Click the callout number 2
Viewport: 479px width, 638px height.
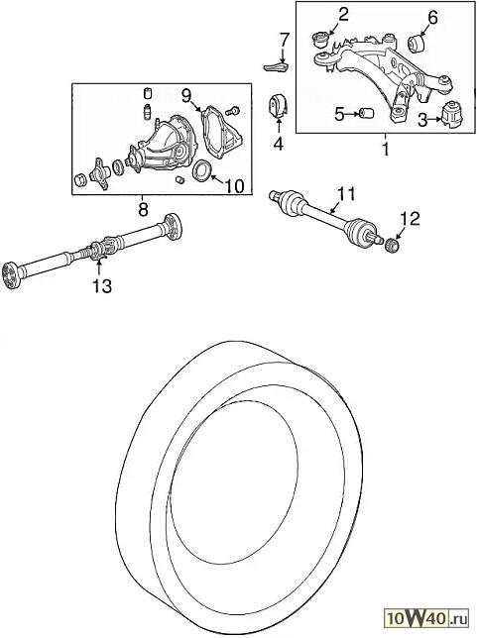[x=343, y=14]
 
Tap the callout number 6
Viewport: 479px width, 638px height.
[x=432, y=18]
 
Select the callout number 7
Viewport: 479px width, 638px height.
[x=284, y=40]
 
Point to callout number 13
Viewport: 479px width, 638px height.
[x=102, y=286]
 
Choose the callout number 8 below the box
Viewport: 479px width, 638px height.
[x=143, y=210]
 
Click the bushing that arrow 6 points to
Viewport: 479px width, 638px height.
[x=416, y=44]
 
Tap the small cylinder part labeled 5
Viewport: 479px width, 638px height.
[x=367, y=113]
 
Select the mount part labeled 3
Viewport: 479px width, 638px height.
[x=452, y=115]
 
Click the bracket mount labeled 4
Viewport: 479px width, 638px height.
[x=279, y=106]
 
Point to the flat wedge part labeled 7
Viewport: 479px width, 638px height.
[x=277, y=67]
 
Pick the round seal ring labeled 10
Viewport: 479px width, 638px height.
[x=200, y=170]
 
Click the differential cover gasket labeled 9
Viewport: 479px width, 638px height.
[x=222, y=130]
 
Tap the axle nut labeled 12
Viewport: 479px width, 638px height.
[x=393, y=245]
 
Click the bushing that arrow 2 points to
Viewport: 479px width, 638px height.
[x=320, y=41]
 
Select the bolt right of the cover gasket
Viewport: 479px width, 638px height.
[x=233, y=110]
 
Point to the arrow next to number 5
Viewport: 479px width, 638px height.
[x=352, y=115]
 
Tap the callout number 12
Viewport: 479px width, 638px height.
[x=410, y=219]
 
